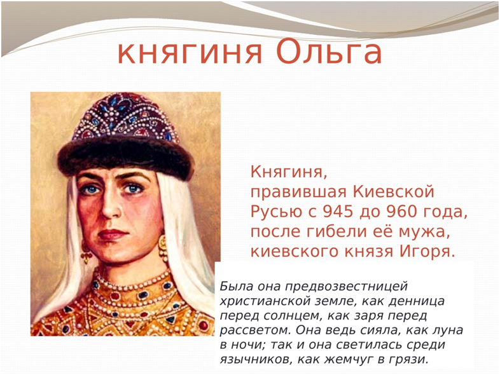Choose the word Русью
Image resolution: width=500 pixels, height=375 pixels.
coord(275,211)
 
